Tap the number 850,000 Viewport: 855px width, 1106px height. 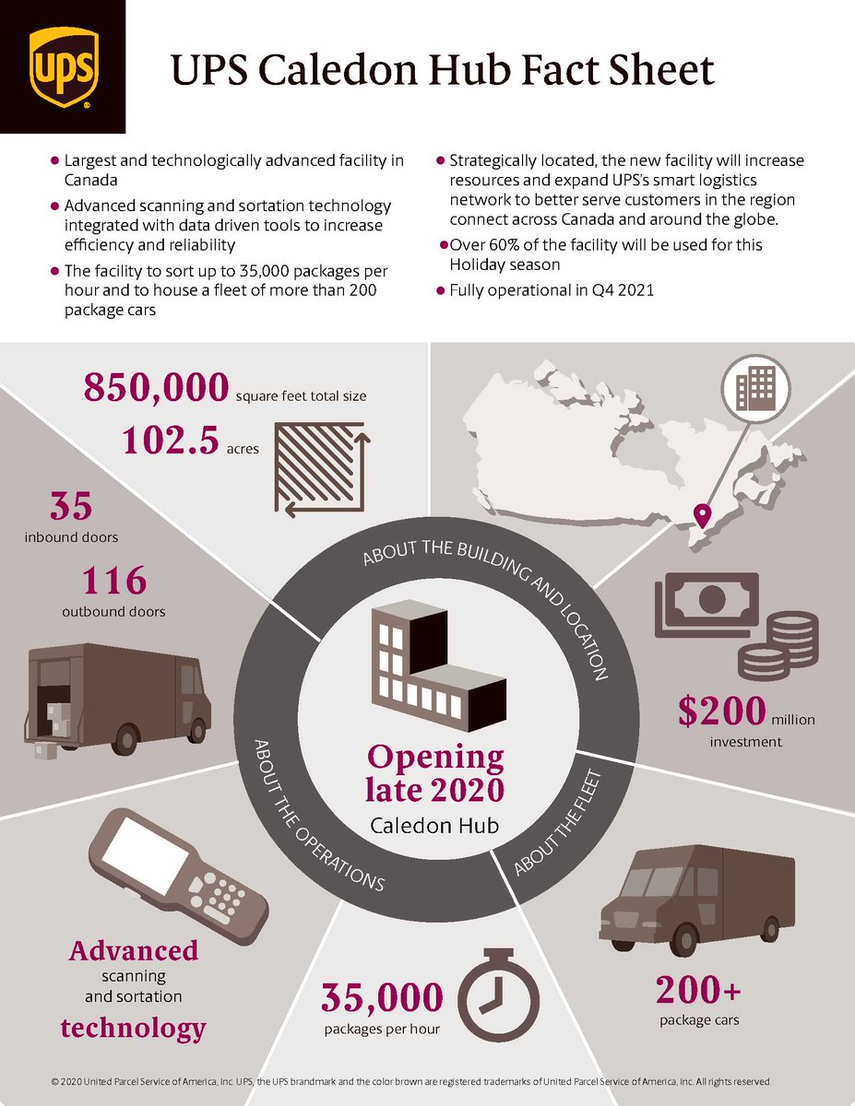(x=155, y=388)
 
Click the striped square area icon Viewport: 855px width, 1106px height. (x=321, y=469)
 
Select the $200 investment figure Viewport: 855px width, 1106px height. (x=722, y=712)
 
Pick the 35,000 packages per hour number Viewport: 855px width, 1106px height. (x=382, y=997)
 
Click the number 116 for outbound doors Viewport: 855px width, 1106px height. (x=113, y=581)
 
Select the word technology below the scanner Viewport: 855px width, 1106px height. (x=134, y=1027)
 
